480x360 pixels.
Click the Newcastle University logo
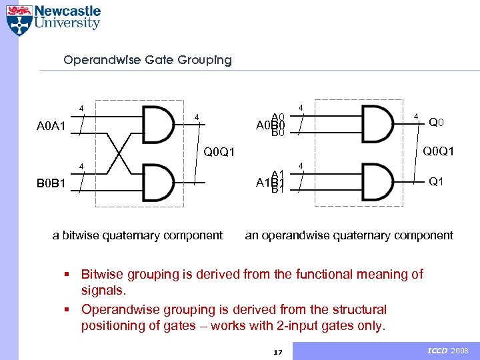(53, 19)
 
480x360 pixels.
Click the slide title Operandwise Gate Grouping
(147, 60)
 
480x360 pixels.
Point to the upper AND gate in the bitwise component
(159, 125)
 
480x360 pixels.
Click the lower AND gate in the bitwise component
(159, 181)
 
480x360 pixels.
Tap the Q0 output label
(437, 123)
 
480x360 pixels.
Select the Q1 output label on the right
(437, 181)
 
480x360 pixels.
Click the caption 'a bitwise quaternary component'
(137, 235)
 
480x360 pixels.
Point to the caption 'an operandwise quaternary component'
(349, 235)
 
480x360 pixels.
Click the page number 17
(279, 352)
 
